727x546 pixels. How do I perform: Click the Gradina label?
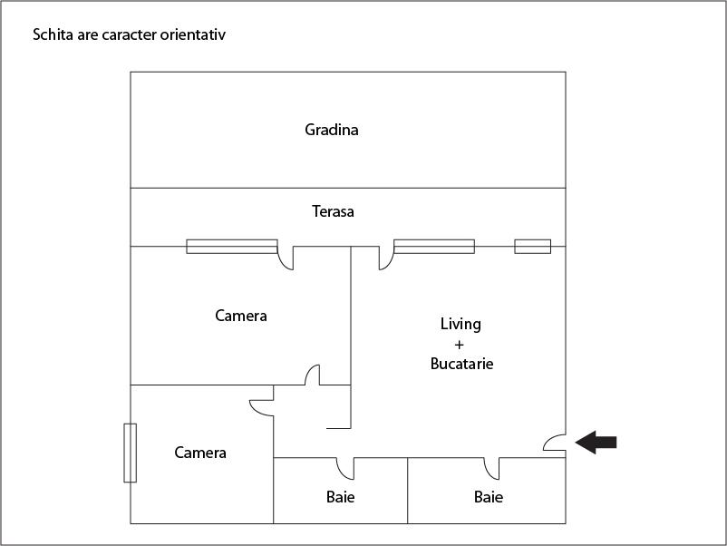(x=332, y=130)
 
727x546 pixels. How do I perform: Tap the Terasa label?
(x=333, y=212)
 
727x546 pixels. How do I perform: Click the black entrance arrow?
(x=596, y=443)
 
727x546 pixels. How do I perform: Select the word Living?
(x=460, y=324)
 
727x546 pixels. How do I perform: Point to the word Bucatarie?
(x=461, y=364)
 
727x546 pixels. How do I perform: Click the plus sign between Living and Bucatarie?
(x=460, y=345)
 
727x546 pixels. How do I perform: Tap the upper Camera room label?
(x=241, y=317)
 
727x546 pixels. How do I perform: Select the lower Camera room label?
(x=200, y=453)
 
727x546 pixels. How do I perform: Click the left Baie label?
(x=341, y=497)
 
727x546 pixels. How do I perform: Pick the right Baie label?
(x=489, y=497)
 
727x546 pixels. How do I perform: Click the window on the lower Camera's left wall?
(x=130, y=453)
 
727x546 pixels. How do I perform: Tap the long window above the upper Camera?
(x=232, y=246)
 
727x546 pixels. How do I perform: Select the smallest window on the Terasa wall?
(x=532, y=246)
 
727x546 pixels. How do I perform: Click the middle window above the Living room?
(x=433, y=246)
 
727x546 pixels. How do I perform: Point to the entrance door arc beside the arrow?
(x=554, y=442)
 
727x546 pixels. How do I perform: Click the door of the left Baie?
(x=345, y=467)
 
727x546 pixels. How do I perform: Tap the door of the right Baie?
(x=492, y=467)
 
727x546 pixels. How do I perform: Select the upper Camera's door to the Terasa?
(x=286, y=258)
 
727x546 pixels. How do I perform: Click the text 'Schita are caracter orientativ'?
(x=129, y=35)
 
